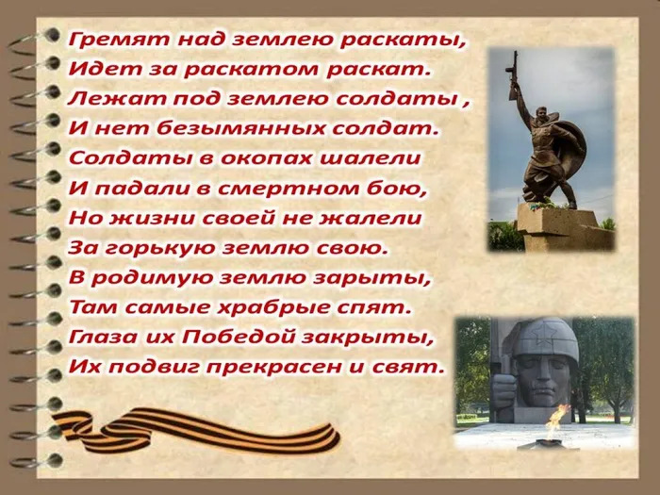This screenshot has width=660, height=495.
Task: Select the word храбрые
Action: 275,306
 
